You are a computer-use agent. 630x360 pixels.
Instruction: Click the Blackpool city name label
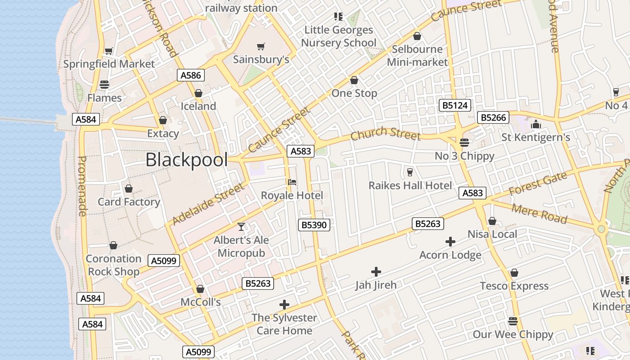point(186,159)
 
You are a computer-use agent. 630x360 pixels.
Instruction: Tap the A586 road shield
point(191,75)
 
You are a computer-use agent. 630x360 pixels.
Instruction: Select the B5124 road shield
point(455,106)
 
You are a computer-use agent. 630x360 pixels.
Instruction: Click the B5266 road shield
point(494,117)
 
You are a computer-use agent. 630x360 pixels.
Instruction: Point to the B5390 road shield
point(314,225)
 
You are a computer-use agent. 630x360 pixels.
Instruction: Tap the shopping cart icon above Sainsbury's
point(261,46)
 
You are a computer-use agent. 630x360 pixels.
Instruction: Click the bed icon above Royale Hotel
point(292,182)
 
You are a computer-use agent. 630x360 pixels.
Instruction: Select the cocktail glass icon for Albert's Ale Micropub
point(241,227)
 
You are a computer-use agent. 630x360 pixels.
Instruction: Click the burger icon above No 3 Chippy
point(464,143)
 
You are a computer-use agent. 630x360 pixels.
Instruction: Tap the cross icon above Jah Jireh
point(376,272)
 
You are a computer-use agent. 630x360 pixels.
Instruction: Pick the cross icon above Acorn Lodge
point(450,242)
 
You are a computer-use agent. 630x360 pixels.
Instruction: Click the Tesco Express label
point(514,286)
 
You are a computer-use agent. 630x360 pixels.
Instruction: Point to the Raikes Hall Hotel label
point(410,185)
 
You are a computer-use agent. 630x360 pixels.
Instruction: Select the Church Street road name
point(386,134)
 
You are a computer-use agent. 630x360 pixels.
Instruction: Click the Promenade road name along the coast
point(82,186)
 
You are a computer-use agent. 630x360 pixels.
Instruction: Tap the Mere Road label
point(540,212)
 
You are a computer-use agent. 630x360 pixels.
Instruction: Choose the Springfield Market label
point(109,63)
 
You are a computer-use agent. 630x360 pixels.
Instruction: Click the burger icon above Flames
point(104,85)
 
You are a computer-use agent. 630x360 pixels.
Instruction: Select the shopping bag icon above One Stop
point(354,80)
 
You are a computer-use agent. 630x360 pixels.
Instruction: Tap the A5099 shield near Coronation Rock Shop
point(165,261)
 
